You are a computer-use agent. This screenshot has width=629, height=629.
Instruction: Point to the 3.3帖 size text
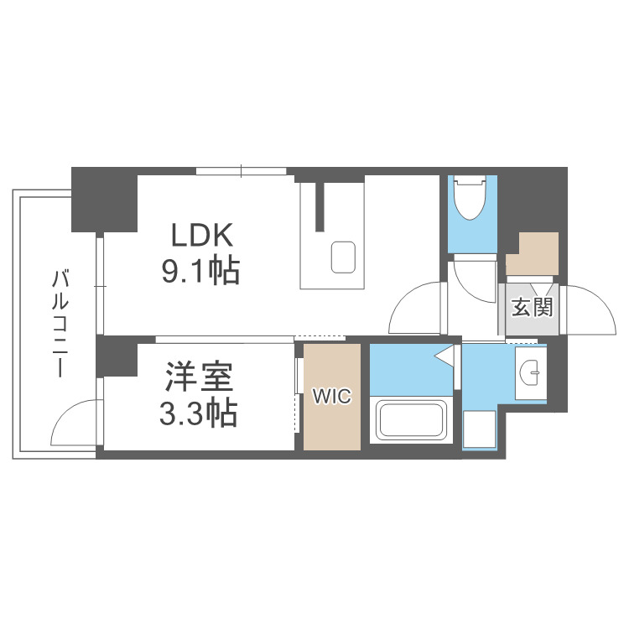pyautogui.click(x=199, y=413)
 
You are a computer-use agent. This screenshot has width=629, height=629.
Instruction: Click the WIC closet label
pyautogui.click(x=332, y=397)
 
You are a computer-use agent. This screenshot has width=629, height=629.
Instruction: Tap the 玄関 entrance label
pyautogui.click(x=533, y=307)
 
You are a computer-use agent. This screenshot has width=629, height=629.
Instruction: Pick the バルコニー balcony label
pyautogui.click(x=60, y=323)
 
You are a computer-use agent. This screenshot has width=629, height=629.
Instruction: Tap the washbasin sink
pyautogui.click(x=530, y=371)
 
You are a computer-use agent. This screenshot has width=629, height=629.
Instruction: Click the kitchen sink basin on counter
pyautogui.click(x=343, y=257)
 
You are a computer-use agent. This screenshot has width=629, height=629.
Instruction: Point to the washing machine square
pyautogui.click(x=480, y=429)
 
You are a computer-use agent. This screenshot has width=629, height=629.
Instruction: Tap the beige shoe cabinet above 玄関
pyautogui.click(x=533, y=253)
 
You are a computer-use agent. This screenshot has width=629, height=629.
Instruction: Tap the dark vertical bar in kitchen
pyautogui.click(x=320, y=205)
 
